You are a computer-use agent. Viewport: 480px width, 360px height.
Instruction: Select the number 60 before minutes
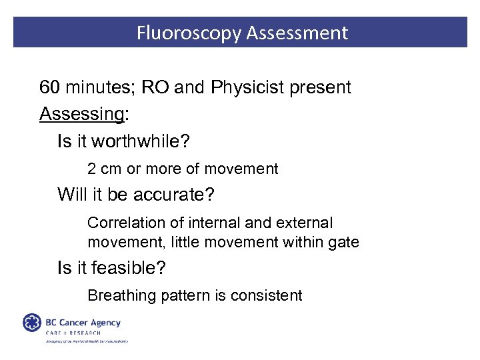pos(49,87)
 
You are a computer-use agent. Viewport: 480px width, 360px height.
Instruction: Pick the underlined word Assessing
pos(81,114)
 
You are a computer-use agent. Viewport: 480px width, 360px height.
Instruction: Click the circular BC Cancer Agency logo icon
pos(31,323)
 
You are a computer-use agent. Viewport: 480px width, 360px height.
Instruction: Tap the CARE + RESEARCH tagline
pos(73,333)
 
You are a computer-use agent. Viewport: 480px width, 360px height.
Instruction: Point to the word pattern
pos(183,295)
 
